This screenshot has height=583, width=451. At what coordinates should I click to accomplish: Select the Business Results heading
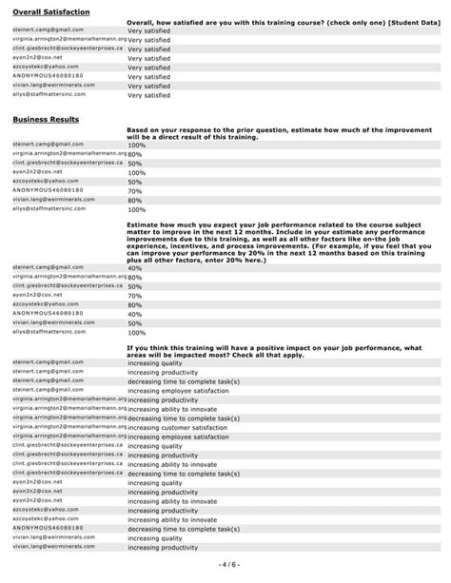pos(45,119)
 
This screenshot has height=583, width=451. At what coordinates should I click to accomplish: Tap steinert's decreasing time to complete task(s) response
pos(183,381)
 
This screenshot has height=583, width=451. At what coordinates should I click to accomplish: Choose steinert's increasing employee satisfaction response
pos(181,391)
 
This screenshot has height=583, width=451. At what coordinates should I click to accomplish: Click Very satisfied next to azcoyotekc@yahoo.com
pos(148,67)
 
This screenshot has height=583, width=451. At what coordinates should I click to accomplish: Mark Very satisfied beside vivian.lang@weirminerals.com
pos(148,85)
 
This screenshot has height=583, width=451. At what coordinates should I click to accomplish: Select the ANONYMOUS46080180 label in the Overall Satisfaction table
pos(49,75)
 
